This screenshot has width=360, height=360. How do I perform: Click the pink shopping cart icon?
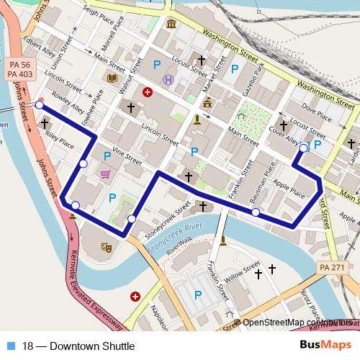106,174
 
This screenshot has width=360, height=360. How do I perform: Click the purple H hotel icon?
168,79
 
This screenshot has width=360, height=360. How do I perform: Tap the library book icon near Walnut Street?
112,78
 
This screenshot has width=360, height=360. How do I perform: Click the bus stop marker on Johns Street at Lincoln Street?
39,106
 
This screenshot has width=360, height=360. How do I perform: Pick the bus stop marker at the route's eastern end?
303,148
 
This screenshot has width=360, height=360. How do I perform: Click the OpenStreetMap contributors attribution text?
295,323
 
